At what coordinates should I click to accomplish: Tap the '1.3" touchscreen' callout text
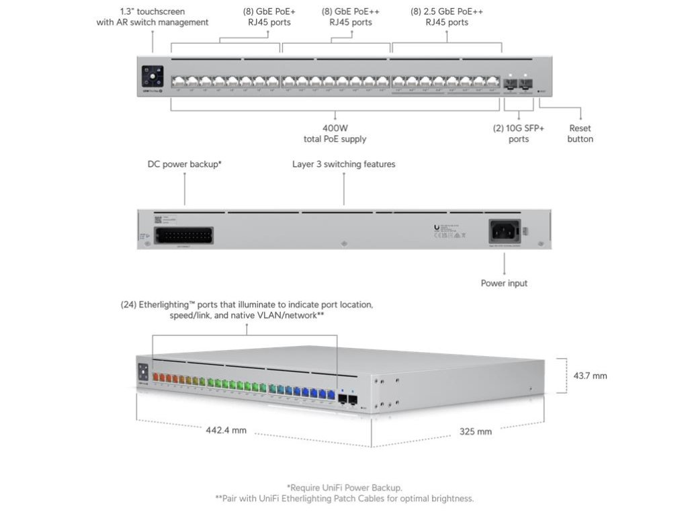tap(152, 17)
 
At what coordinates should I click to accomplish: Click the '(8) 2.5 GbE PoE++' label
tap(447, 11)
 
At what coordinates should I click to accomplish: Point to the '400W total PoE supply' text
tap(335, 133)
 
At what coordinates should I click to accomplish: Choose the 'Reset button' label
tap(580, 133)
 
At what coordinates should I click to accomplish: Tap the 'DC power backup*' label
tap(185, 164)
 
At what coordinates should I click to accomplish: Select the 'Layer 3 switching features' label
tap(344, 164)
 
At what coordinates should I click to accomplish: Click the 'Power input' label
tap(504, 283)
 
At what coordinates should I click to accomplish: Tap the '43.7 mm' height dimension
tap(589, 376)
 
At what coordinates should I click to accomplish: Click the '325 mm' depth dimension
tap(476, 431)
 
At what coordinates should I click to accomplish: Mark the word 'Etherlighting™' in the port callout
tap(167, 304)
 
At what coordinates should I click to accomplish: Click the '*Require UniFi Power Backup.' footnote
tap(344, 487)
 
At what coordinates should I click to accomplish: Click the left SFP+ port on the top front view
tap(511, 84)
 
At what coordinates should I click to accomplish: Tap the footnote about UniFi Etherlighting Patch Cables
tap(344, 499)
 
